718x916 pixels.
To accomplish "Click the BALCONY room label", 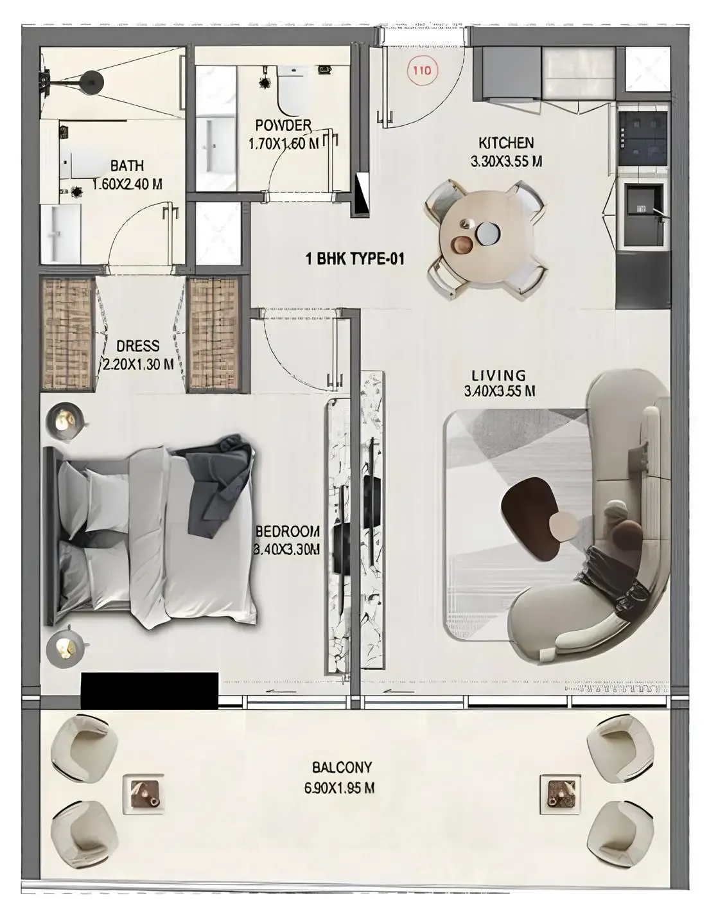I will (342, 767).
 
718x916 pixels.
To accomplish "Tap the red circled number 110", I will (422, 71).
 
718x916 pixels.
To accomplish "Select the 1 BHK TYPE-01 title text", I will (355, 260).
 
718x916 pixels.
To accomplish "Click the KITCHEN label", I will (506, 143).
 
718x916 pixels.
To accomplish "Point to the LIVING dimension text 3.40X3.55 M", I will (500, 391).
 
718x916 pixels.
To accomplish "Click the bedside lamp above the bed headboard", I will (64, 421).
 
